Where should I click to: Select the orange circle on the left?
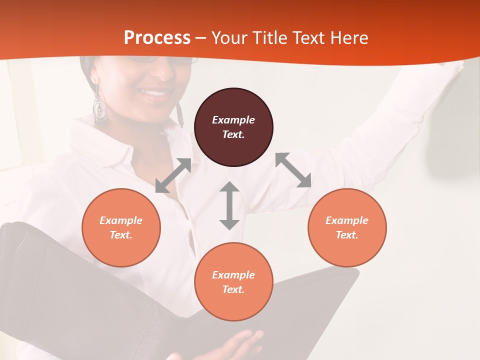121,227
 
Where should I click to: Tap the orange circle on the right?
347,227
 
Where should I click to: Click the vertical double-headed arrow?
229,205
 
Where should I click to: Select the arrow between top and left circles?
173,175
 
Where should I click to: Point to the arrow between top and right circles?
293,170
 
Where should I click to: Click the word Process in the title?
157,38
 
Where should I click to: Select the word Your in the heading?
229,38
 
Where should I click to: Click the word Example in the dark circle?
233,120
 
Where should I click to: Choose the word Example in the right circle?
347,220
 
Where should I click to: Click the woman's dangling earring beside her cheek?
100,107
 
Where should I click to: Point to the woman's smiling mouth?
154,92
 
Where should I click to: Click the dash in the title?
201,38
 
